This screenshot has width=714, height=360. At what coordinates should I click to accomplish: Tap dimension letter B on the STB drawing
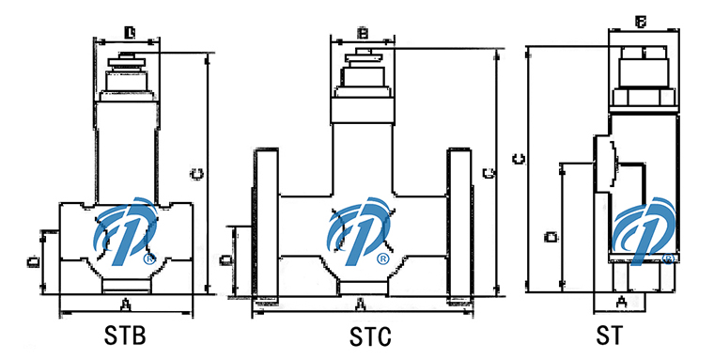130,33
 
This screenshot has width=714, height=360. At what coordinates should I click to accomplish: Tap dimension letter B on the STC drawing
364,34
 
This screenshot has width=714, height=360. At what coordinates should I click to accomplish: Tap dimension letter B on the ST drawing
641,21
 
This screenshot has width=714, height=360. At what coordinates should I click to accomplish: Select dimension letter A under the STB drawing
125,304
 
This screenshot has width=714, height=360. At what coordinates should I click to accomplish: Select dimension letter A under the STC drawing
360,304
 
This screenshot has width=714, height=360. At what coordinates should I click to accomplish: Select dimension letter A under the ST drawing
620,302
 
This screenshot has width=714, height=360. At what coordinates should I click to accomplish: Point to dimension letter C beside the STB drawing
196,174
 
